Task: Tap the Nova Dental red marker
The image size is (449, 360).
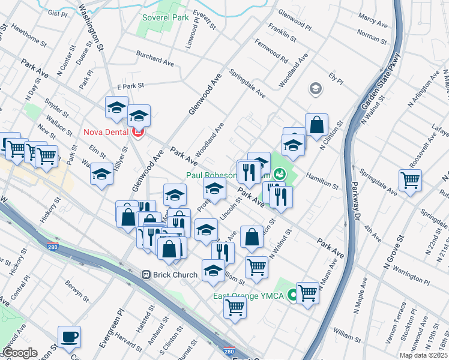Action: [x=139, y=131]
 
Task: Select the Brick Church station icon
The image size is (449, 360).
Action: [x=146, y=275]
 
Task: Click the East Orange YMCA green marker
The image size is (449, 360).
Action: [x=292, y=295]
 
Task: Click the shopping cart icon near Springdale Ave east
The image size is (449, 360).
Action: [x=410, y=179]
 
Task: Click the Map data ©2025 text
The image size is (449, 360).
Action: [x=423, y=355]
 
